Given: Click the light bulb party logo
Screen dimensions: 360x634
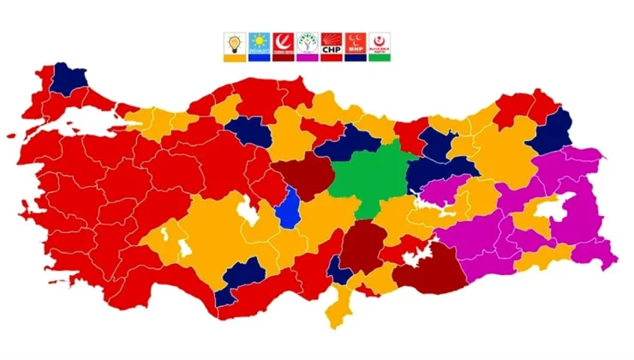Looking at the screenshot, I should click(233, 44).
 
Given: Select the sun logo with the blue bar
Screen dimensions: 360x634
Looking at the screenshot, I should click(258, 44).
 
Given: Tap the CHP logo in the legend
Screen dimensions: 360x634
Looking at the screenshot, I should click(331, 44).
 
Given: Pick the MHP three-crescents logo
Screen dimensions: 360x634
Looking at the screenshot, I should click(355, 44).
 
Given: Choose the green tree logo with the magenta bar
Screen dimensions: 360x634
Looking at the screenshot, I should click(307, 44).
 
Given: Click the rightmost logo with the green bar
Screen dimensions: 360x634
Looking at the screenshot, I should click(380, 44).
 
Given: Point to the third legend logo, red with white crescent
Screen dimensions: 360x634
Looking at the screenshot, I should click(282, 44).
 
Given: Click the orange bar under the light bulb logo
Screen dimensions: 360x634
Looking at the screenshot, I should click(233, 57).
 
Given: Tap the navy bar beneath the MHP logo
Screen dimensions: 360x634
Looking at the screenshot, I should click(355, 57).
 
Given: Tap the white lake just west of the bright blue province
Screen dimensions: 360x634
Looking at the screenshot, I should click(249, 209).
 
